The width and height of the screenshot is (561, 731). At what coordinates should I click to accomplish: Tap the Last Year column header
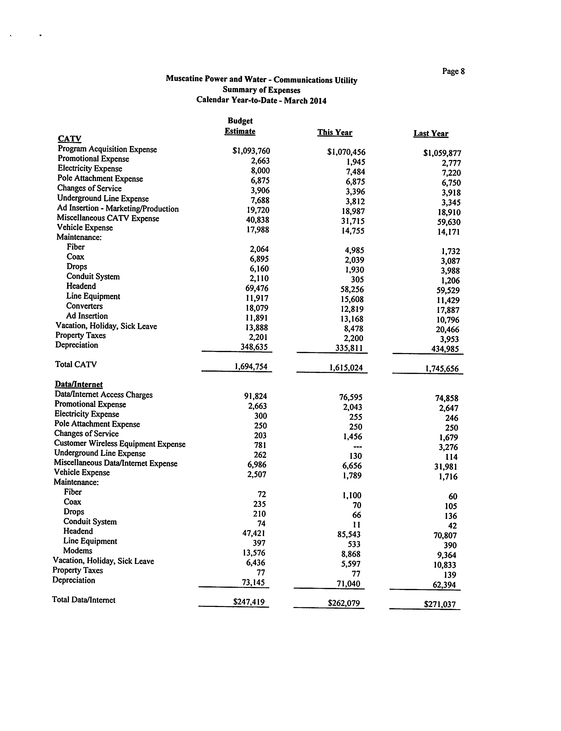point(431,133)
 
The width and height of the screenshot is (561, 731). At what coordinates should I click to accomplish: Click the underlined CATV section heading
point(69,139)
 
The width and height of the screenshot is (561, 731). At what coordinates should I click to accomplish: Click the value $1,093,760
point(251,151)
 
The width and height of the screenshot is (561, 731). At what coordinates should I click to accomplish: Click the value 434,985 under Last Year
point(445,349)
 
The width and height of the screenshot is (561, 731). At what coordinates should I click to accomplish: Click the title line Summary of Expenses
point(261,90)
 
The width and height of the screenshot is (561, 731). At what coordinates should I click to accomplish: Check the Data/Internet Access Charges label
point(103,395)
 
